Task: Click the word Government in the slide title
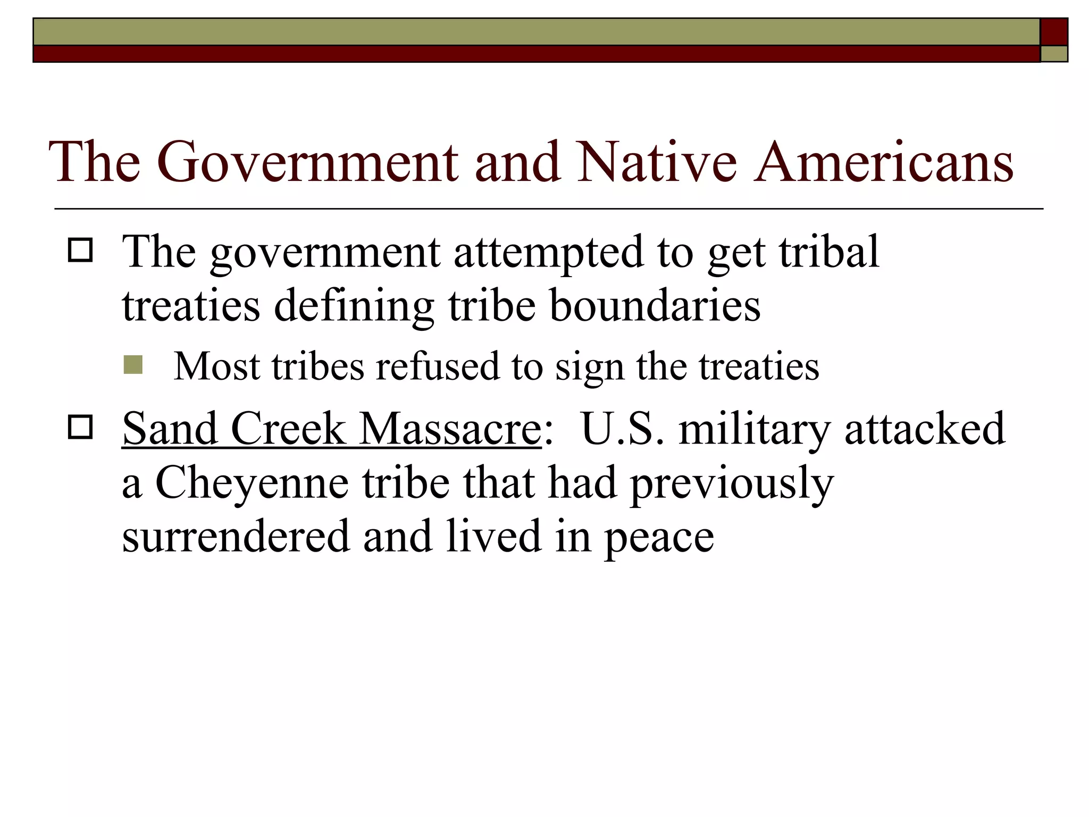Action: (x=307, y=162)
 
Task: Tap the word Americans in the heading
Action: (x=883, y=162)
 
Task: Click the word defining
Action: (x=354, y=307)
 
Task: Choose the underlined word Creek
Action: (x=288, y=429)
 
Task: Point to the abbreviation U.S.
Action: (x=623, y=429)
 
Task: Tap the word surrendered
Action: (x=236, y=536)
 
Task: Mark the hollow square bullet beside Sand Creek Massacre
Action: (x=80, y=427)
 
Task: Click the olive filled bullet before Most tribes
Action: (x=133, y=365)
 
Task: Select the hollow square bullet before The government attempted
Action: (x=80, y=250)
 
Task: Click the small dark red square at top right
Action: (x=1053, y=32)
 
